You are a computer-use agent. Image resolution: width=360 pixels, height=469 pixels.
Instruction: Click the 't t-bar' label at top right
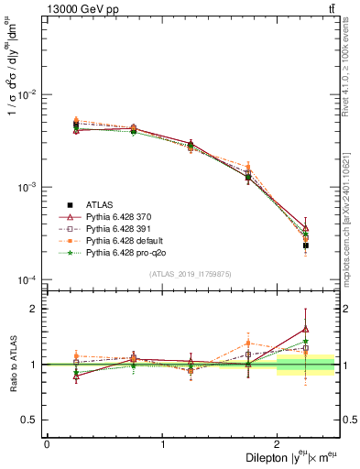pos(331,8)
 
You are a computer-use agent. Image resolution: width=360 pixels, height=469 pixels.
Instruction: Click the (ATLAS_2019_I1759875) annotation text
pos(191,273)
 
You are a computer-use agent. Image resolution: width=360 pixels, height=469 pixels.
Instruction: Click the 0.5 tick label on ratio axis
pos(31,420)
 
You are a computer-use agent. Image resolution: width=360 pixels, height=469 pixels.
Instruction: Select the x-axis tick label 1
pos(162,444)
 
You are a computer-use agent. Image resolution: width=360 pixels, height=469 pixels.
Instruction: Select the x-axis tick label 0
pos(47,444)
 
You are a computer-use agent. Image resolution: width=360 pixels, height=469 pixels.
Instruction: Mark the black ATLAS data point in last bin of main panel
pos(306,245)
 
